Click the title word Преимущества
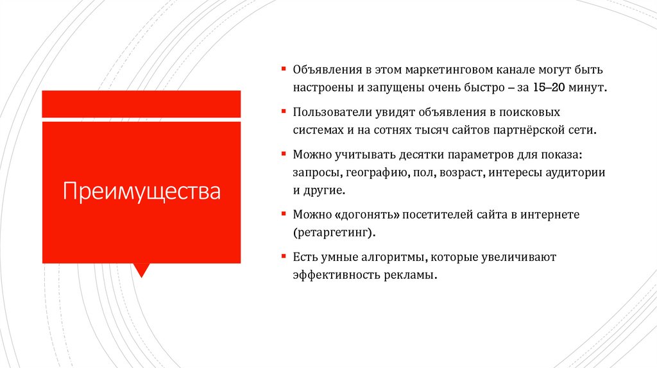141,191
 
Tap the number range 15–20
550,87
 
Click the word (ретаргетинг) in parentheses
333,233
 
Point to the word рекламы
416,275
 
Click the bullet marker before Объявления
283,68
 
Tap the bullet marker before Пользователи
283,111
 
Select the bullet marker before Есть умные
283,256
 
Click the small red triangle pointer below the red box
141,269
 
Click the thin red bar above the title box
141,104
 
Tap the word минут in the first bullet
586,87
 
